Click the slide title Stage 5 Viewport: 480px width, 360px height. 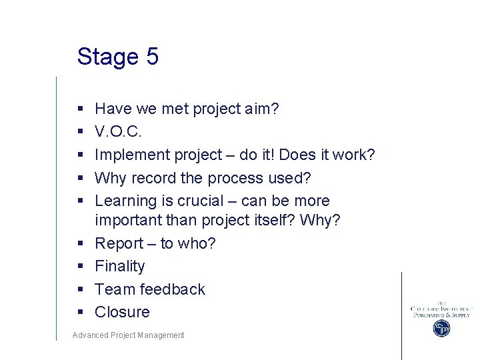117,57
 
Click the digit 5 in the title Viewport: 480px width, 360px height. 151,57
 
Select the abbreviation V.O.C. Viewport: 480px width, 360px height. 119,132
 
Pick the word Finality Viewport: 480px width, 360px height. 119,266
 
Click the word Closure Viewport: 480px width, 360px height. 122,312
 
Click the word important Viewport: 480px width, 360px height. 128,221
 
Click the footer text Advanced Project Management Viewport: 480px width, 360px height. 128,335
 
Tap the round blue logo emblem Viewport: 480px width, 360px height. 441,328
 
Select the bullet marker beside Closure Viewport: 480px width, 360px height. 80,313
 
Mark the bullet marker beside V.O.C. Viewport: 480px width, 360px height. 80,132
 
